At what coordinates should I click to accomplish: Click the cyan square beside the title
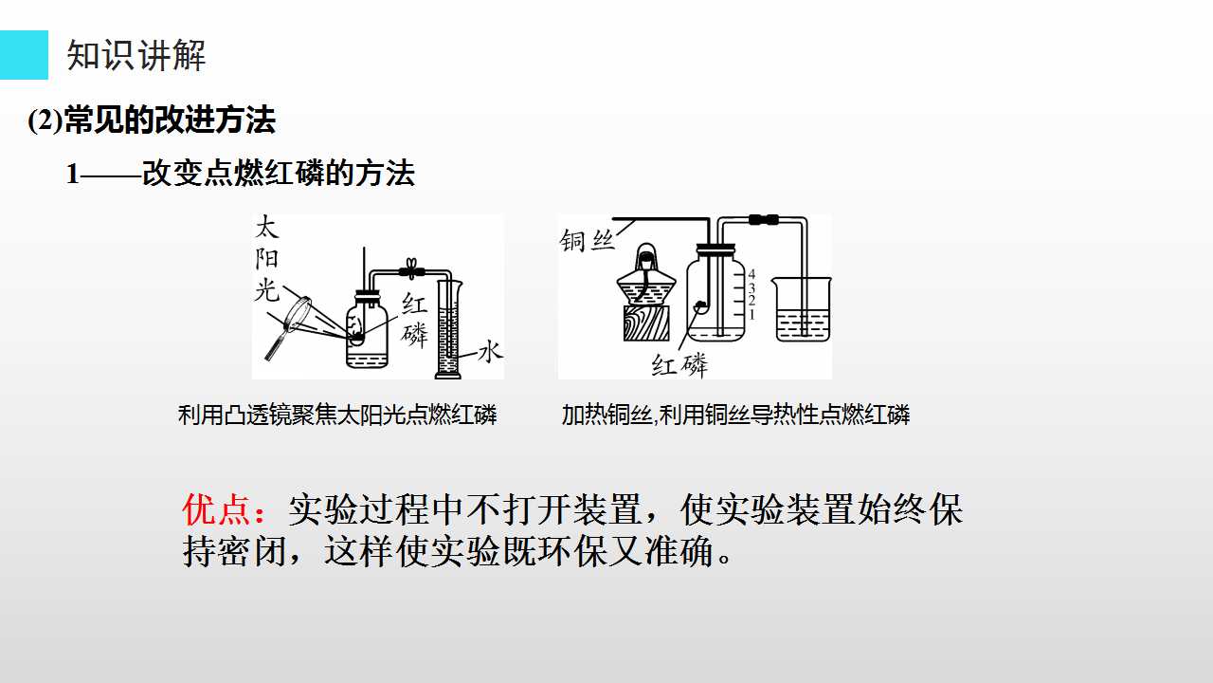24,55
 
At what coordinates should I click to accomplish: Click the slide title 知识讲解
136,55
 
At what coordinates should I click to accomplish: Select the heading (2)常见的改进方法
152,120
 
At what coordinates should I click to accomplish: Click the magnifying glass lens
297,313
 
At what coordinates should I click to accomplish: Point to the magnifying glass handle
275,344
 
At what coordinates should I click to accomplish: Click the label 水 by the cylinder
490,351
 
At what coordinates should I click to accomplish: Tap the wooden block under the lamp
646,323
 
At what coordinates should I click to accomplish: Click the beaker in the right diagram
802,309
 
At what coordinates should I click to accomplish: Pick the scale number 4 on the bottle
751,274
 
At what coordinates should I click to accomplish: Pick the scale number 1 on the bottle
751,314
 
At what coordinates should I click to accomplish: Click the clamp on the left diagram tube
411,268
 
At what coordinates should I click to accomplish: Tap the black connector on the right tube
764,219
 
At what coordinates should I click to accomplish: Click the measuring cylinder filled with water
449,329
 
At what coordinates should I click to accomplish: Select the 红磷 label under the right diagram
679,365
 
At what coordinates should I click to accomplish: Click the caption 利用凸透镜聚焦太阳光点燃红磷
337,415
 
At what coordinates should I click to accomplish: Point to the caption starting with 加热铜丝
735,415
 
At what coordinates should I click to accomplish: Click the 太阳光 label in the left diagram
267,259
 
